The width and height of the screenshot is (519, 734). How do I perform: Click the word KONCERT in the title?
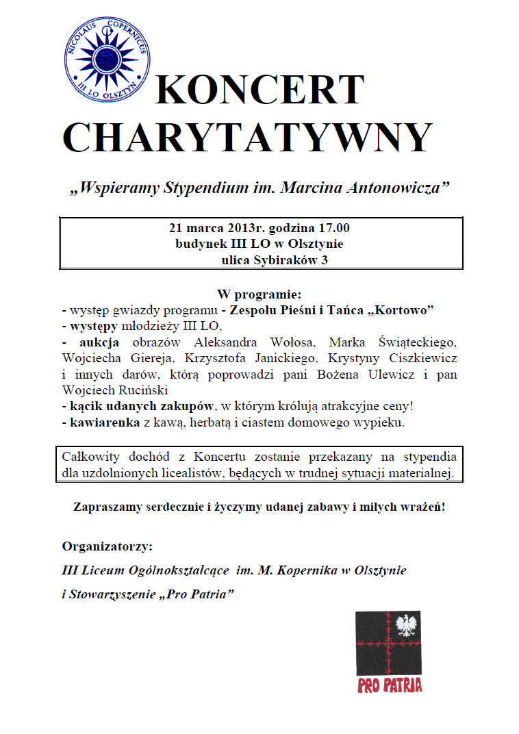click(259, 90)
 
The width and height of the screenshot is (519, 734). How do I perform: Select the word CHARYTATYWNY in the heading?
click(248, 138)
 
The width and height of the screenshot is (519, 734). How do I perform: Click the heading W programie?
click(259, 294)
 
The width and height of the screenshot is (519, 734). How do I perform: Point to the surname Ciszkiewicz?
click(425, 358)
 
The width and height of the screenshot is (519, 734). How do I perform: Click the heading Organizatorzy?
click(107, 546)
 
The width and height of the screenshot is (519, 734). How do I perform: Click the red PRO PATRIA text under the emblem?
click(390, 685)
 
